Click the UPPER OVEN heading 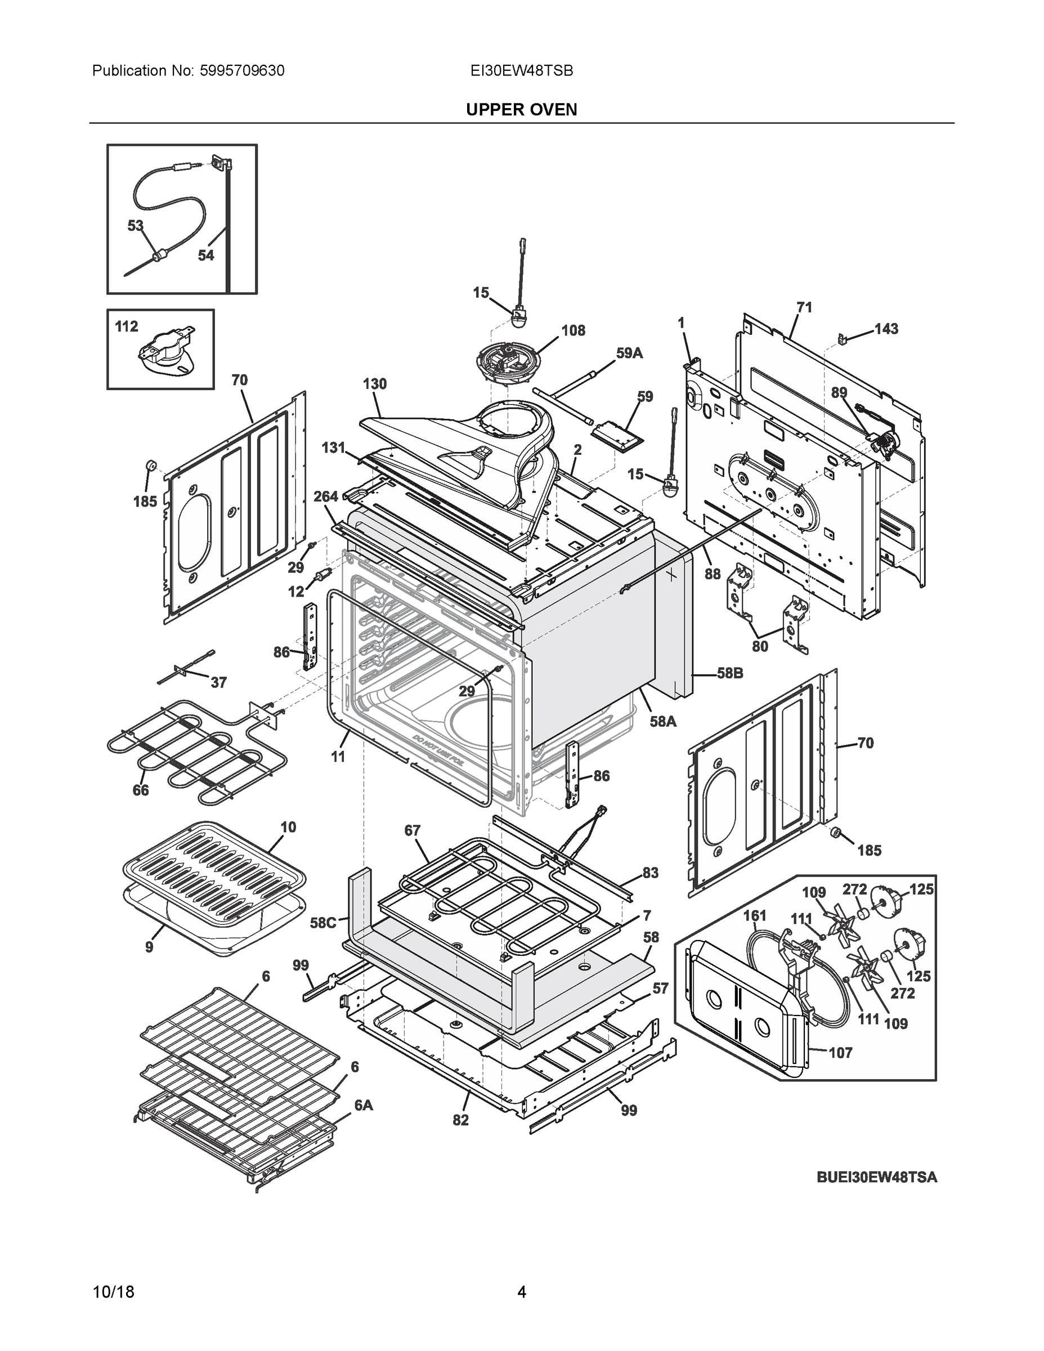(x=521, y=110)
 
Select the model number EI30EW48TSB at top (x=521, y=70)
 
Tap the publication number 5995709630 (x=242, y=70)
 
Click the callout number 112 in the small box (x=127, y=326)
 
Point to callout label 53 (x=136, y=226)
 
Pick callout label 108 (x=573, y=330)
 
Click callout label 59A (x=629, y=353)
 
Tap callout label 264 (x=326, y=496)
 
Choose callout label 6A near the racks (x=364, y=1105)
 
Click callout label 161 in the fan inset (x=755, y=915)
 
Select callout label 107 (x=840, y=1052)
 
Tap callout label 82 (x=461, y=1120)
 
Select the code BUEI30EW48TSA (x=876, y=1176)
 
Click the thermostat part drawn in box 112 (x=164, y=356)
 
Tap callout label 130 (x=375, y=383)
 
